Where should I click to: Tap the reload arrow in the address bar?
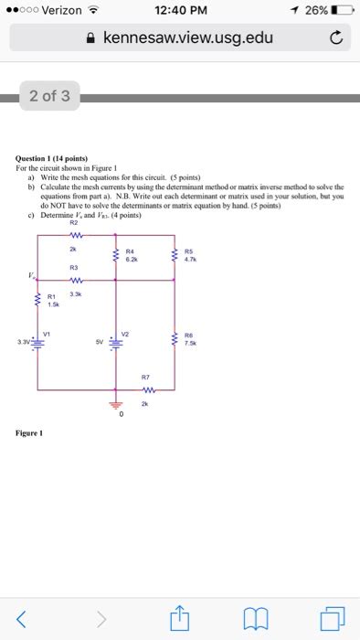(x=336, y=38)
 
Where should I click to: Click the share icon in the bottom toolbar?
(x=180, y=619)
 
